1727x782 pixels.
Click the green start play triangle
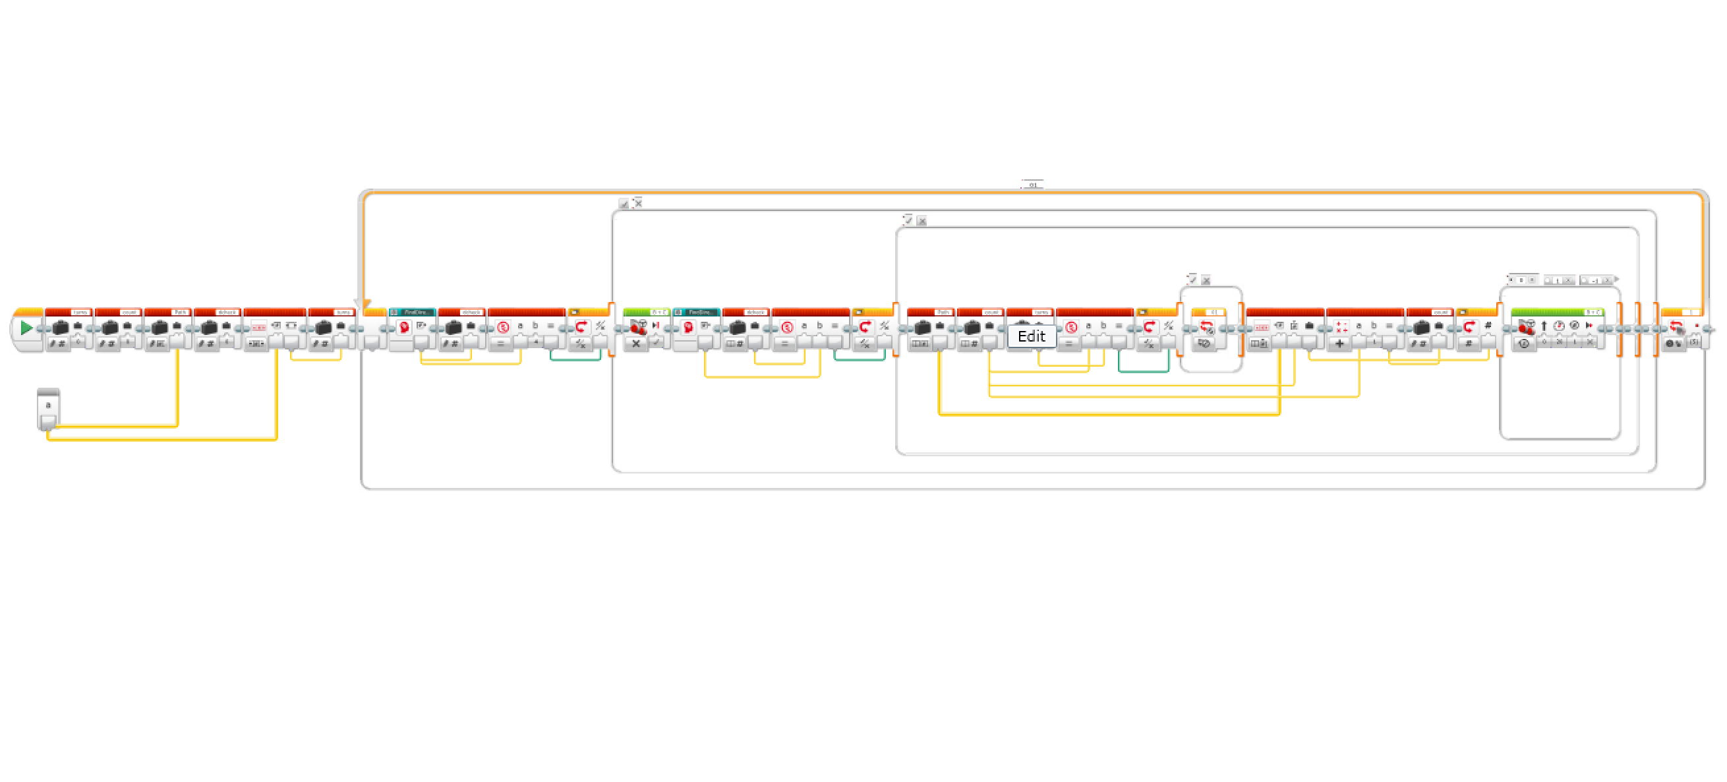[x=26, y=328]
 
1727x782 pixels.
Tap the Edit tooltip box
[x=1031, y=336]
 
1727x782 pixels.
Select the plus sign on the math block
[x=1339, y=344]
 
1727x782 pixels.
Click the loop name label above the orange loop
[x=1032, y=185]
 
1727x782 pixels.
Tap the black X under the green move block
[x=635, y=344]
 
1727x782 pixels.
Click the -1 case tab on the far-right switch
[x=1595, y=280]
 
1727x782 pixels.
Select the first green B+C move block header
[x=645, y=312]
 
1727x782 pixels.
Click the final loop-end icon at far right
[x=1676, y=326]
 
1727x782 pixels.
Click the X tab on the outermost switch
[x=638, y=202]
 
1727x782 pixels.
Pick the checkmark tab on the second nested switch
[x=908, y=220]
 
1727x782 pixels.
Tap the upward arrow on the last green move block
[x=1544, y=326]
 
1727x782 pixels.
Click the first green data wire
[x=575, y=359]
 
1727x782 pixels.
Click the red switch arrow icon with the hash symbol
[x=1469, y=326]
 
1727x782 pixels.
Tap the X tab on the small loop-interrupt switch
[x=1206, y=280]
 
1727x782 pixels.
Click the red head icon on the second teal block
[x=688, y=326]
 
